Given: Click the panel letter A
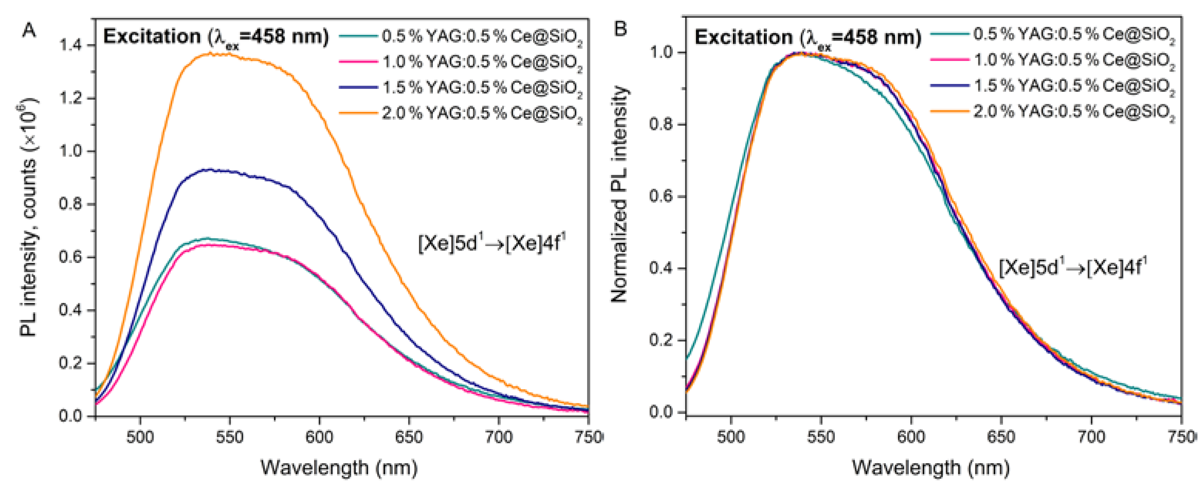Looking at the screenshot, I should (29, 31).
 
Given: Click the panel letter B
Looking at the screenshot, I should (620, 29).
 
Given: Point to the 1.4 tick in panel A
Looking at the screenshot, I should (70, 46).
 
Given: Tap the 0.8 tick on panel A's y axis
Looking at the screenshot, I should (70, 205).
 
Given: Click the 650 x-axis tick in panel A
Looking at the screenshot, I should (409, 437).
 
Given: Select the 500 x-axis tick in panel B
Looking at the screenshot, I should (731, 437).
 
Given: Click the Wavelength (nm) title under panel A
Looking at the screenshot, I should (339, 467).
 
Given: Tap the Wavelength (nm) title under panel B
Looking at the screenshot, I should (930, 467).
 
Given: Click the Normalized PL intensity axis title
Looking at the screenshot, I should (619, 194).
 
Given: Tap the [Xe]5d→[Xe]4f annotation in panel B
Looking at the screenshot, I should (1073, 268).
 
